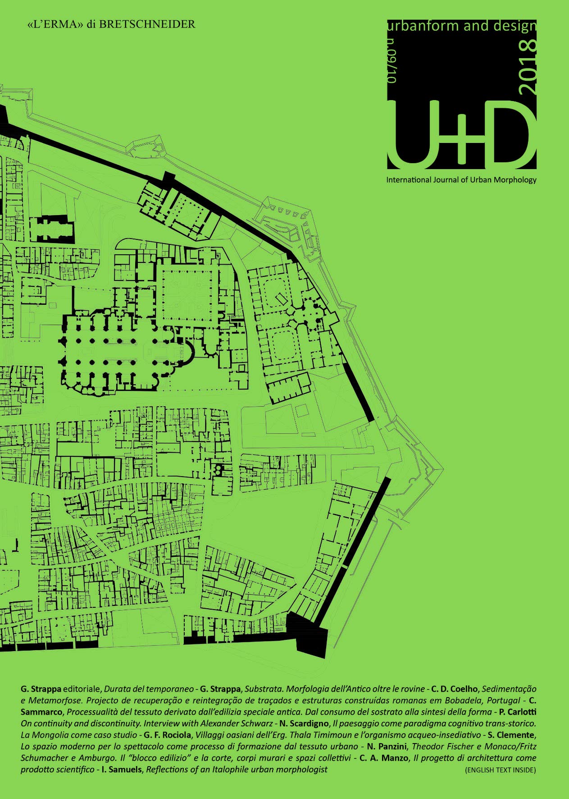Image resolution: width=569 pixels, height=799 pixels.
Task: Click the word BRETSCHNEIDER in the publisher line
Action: (x=147, y=24)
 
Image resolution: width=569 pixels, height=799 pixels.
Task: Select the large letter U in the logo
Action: (x=414, y=133)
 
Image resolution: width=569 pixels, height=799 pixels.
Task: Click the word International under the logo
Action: (x=409, y=180)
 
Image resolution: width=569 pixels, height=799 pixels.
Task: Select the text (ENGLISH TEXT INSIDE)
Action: (x=500, y=770)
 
